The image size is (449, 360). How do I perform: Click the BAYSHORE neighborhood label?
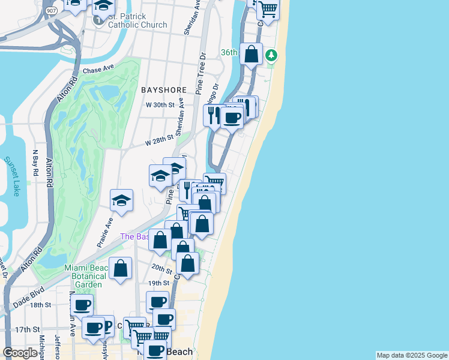pos(164,90)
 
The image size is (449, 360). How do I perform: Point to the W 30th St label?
pos(160,104)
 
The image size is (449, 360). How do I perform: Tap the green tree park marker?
pos(272,56)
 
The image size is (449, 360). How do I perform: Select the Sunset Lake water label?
pos(12,176)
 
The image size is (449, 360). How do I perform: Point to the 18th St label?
pos(40,305)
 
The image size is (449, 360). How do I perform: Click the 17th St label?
pos(27,329)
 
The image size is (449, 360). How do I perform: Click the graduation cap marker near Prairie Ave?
pos(121,201)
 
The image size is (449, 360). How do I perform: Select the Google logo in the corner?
pos(20,353)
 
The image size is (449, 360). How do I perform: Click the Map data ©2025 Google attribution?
pos(411,355)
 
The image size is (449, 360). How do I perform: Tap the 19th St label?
pos(158,283)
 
